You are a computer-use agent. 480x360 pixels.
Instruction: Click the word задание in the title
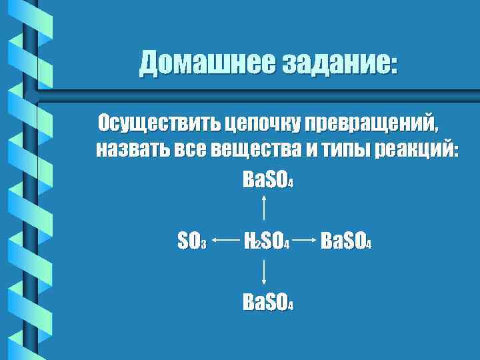pyautogui.click(x=339, y=63)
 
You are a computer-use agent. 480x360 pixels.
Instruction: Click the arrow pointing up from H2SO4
pyautogui.click(x=267, y=206)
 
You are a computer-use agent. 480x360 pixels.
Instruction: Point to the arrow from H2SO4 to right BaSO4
pyautogui.click(x=305, y=240)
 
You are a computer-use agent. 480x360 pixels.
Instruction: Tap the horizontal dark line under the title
pyautogui.click(x=253, y=89)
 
